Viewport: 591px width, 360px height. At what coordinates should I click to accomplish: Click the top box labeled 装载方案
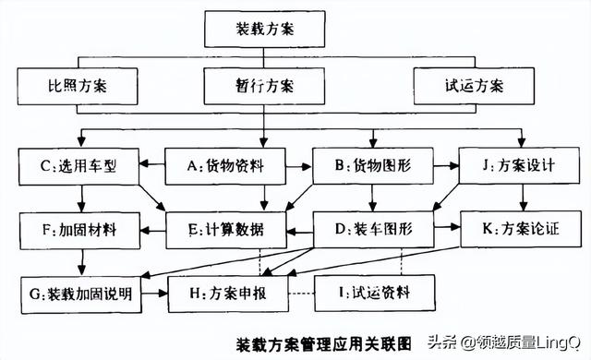pyautogui.click(x=265, y=30)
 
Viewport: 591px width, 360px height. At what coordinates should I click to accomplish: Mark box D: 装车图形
pyautogui.click(x=374, y=228)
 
